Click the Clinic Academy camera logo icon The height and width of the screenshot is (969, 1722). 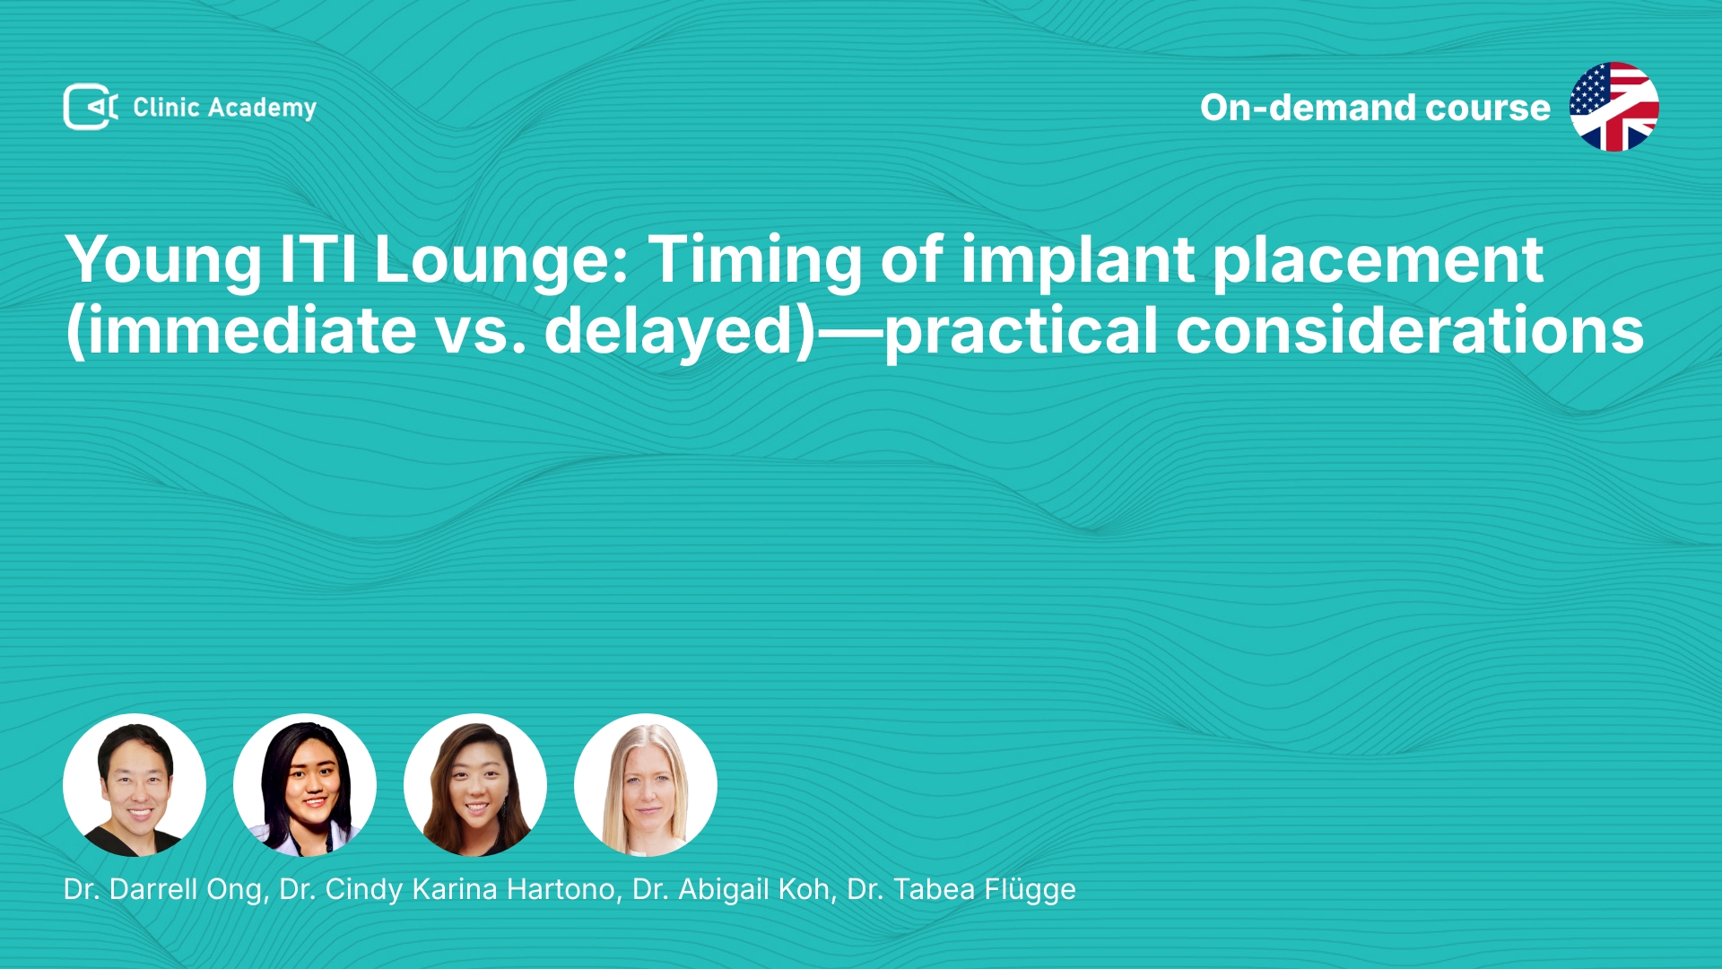(91, 107)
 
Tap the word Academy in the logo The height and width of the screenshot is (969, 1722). (262, 109)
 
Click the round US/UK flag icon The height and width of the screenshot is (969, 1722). (1613, 107)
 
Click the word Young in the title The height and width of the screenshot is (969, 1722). (163, 261)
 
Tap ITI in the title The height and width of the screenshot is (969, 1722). (318, 259)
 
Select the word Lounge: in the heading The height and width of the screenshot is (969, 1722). (501, 261)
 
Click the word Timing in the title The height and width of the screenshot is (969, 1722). (754, 261)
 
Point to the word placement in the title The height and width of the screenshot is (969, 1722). (1378, 261)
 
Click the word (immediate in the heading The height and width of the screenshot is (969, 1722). (241, 331)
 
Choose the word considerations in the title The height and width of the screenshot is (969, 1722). (1409, 331)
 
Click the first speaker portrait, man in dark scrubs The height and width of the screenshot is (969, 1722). (135, 785)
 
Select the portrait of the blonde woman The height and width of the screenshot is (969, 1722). (646, 785)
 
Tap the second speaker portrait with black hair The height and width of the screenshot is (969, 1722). (305, 785)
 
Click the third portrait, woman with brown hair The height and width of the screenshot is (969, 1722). (475, 785)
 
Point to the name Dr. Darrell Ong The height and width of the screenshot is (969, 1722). (163, 889)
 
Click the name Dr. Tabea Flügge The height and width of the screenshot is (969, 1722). (961, 889)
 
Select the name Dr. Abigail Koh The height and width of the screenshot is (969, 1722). (731, 889)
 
